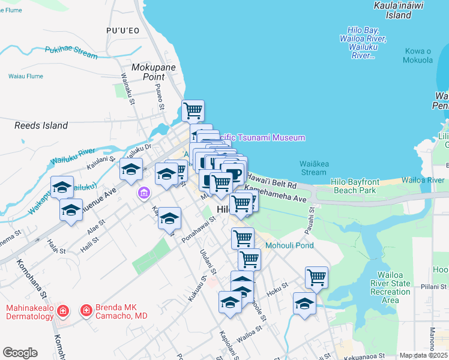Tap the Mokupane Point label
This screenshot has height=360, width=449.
click(154, 72)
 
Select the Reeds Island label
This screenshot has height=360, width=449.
click(41, 125)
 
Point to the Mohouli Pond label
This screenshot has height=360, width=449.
click(290, 245)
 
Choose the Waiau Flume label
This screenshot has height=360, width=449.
click(26, 76)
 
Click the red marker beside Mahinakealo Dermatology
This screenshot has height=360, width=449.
click(65, 311)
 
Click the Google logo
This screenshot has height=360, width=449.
click(20, 352)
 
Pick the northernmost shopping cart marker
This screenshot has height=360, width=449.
click(193, 111)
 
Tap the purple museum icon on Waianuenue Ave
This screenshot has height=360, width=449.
click(143, 193)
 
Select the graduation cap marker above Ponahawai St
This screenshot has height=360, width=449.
click(170, 218)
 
